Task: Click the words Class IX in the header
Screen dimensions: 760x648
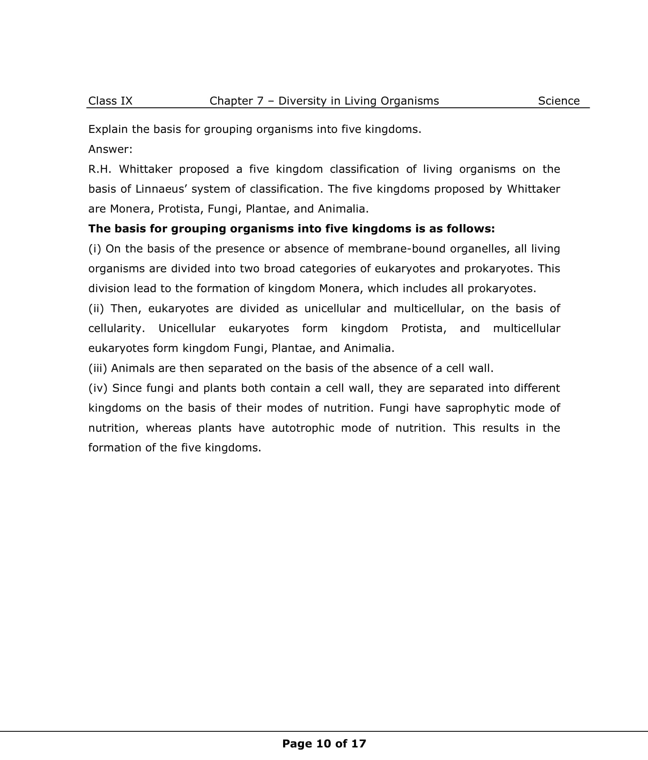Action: pos(110,101)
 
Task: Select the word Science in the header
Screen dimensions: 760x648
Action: pos(558,101)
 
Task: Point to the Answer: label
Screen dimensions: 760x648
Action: pos(110,149)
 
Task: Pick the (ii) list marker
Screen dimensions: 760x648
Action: pos(96,309)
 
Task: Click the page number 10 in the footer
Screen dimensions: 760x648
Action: pos(324,743)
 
